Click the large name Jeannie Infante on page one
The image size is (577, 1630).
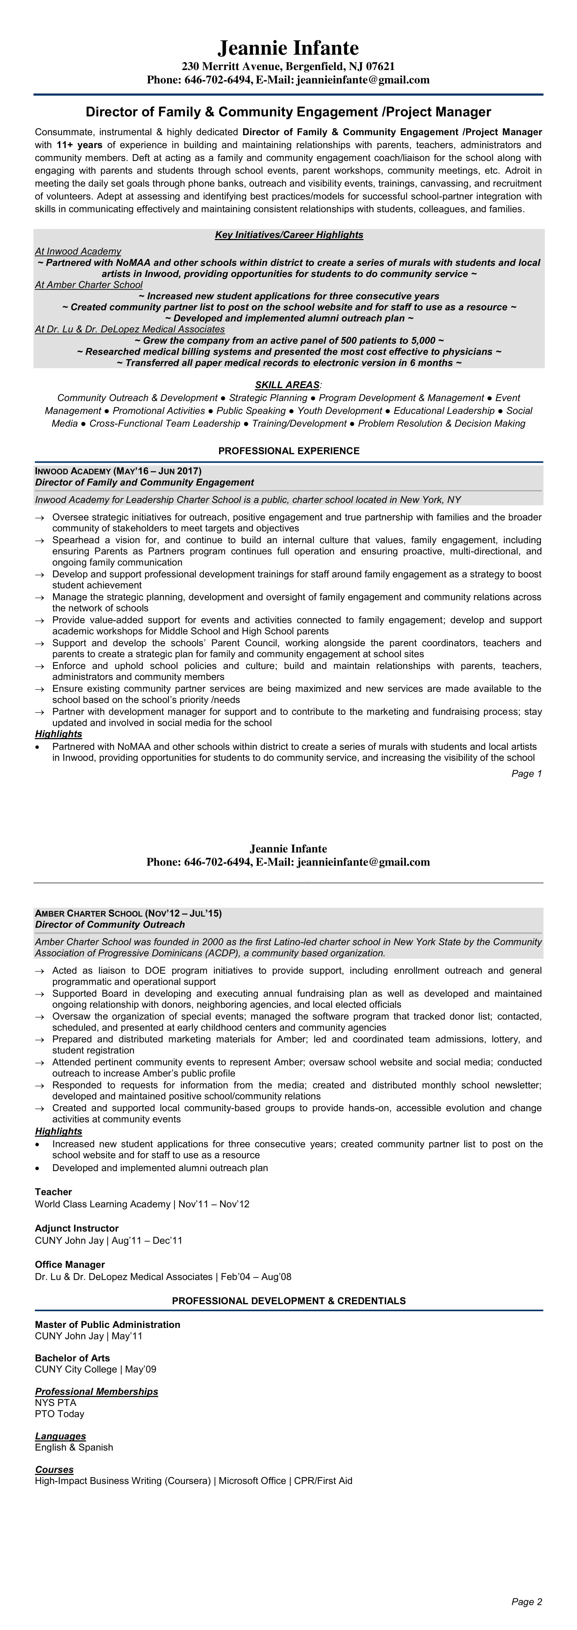(288, 48)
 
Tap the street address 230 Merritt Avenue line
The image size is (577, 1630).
(288, 67)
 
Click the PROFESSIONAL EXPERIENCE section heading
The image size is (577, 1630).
(288, 451)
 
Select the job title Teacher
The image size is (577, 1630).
(53, 1192)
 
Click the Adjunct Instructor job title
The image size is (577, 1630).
(77, 1228)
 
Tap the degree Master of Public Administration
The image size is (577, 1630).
(108, 1325)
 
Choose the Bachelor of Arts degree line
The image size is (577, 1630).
(72, 1359)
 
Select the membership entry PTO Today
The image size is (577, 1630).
(60, 1414)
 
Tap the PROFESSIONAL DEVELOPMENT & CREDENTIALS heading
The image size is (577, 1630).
(288, 1301)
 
